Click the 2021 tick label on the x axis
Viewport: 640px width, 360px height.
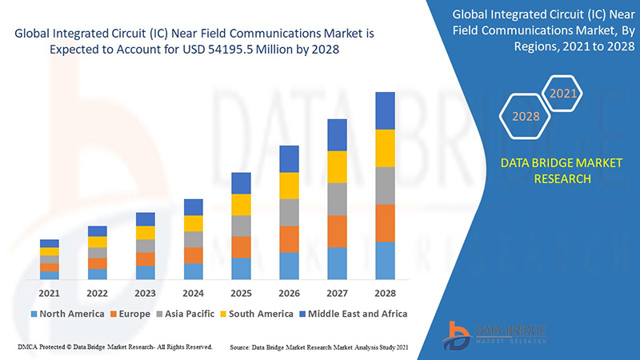pos(50,293)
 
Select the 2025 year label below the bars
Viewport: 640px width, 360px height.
pos(241,293)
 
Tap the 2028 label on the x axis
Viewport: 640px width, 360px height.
pos(385,293)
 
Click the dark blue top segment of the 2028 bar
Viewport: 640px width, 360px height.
pos(385,110)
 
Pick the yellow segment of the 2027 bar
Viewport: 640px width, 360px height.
pos(337,166)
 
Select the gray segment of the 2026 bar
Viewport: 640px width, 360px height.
pos(289,212)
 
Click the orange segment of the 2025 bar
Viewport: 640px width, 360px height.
pos(241,246)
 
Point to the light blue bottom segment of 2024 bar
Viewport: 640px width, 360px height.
pos(193,271)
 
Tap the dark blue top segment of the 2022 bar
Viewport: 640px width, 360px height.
pos(98,231)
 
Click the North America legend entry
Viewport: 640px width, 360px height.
pos(67,314)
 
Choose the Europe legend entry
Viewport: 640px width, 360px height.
pos(130,314)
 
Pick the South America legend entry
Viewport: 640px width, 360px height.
pos(256,314)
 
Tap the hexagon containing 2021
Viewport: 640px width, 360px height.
pos(562,94)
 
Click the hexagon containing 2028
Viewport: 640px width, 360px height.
pos(526,116)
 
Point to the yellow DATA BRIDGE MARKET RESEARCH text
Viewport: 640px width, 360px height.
pos(549,170)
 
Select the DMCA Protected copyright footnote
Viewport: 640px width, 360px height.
pos(114,347)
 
